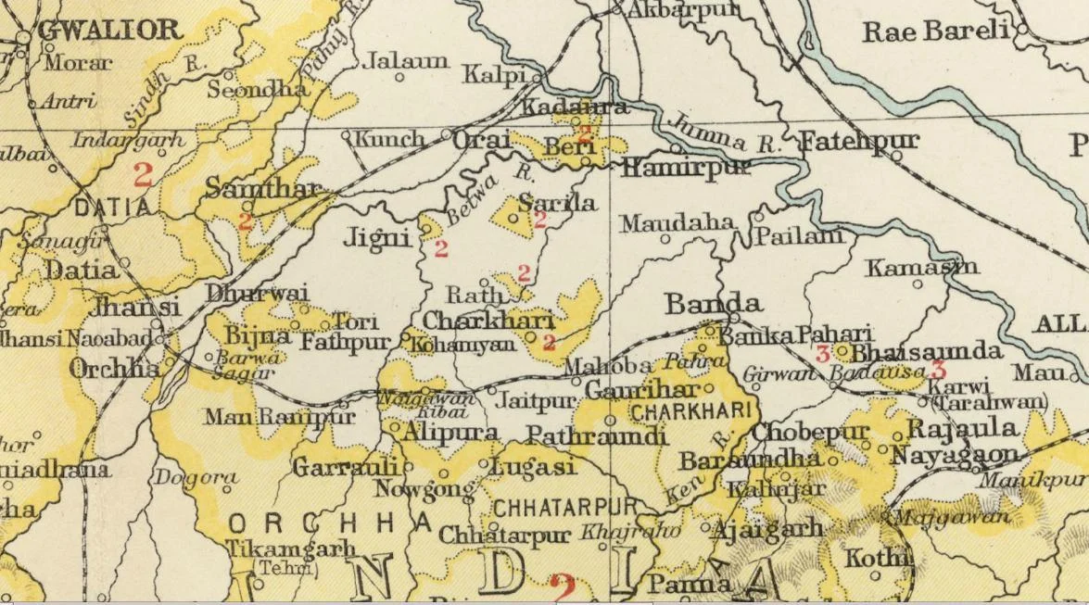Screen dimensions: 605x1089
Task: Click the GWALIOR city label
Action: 109,30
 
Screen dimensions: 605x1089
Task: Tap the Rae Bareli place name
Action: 935,32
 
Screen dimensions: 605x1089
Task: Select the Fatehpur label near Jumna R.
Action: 858,142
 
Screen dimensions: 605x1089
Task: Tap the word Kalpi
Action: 494,73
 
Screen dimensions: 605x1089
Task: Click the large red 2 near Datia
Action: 142,174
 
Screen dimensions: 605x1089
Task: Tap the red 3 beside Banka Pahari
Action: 821,353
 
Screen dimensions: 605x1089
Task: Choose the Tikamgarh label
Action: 291,548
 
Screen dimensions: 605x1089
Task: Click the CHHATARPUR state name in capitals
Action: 564,507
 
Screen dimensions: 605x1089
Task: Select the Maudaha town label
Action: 677,223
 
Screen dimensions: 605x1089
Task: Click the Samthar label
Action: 261,189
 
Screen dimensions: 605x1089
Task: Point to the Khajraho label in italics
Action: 630,532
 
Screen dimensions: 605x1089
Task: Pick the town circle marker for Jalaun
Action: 399,77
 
